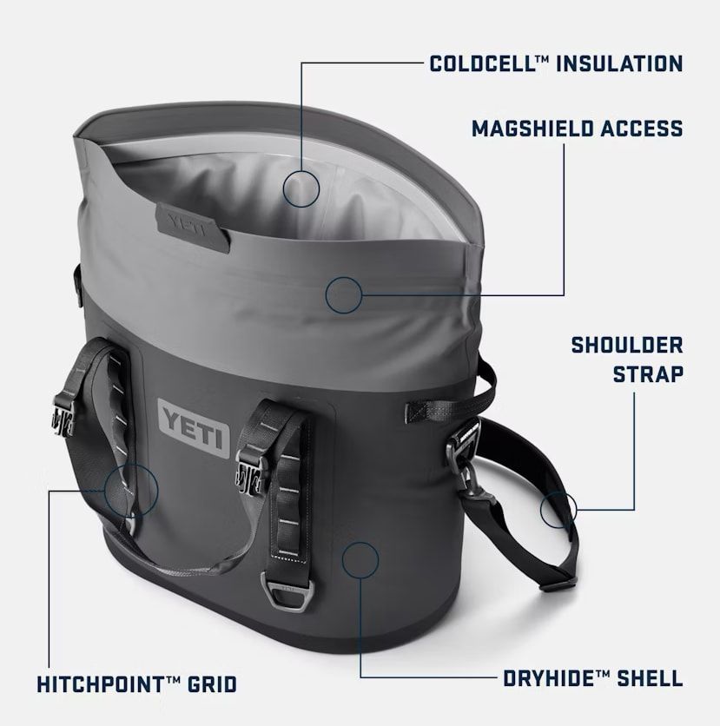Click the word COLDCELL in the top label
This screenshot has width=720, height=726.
click(483, 63)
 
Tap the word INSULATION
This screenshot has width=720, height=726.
click(619, 63)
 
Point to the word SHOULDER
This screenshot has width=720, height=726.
click(627, 346)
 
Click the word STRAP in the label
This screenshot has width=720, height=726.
click(648, 374)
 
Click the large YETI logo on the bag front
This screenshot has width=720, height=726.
click(194, 429)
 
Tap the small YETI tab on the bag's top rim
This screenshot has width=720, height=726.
click(192, 228)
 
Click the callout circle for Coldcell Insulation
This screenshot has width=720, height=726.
click(301, 188)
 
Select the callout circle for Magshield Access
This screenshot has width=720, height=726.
click(344, 295)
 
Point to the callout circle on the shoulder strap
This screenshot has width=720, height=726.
click(558, 510)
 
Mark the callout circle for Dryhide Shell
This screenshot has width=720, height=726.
click(360, 560)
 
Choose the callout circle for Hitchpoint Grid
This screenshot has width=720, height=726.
click(131, 491)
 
